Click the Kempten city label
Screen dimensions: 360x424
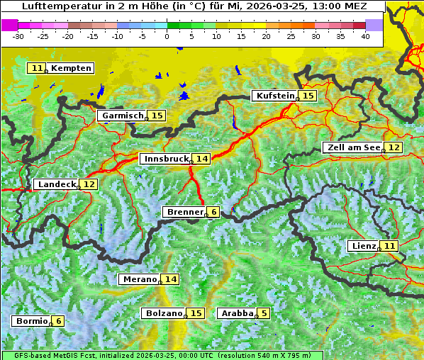point(71,68)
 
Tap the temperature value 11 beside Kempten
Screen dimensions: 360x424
point(37,68)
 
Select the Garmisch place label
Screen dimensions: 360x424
point(122,116)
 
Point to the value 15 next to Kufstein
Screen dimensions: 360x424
point(307,96)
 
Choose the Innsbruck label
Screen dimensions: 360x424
point(165,159)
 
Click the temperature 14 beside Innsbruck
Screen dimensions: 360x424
point(202,159)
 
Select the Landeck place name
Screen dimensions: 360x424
point(56,184)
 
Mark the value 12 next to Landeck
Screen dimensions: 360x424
point(89,184)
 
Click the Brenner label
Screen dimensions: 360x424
point(184,212)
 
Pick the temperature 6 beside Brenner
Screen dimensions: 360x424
point(213,212)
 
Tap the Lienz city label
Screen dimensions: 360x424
point(362,246)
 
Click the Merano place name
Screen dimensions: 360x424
point(138,279)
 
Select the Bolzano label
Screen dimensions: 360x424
point(163,313)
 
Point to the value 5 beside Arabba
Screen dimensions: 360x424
point(264,313)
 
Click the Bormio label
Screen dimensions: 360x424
point(31,321)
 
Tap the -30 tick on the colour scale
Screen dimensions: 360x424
point(18,35)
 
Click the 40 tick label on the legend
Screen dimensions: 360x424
point(365,35)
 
